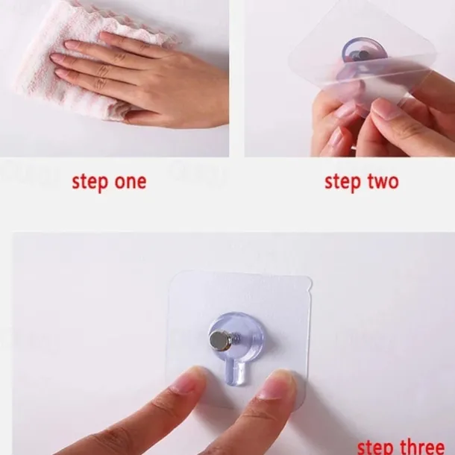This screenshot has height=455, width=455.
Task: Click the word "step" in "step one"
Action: [90, 183]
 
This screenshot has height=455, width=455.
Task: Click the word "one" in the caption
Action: [131, 182]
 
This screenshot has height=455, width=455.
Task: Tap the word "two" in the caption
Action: [383, 182]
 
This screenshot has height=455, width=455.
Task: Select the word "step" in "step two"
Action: [342, 183]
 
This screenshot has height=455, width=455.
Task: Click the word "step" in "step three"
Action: [376, 448]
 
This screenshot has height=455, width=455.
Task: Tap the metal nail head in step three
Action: [219, 341]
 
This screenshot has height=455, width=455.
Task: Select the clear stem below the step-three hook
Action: [236, 374]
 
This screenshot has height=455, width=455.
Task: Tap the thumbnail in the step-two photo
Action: [386, 108]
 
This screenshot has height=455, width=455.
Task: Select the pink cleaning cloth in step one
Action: [87, 58]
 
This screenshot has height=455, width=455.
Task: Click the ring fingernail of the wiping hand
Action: [57, 57]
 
